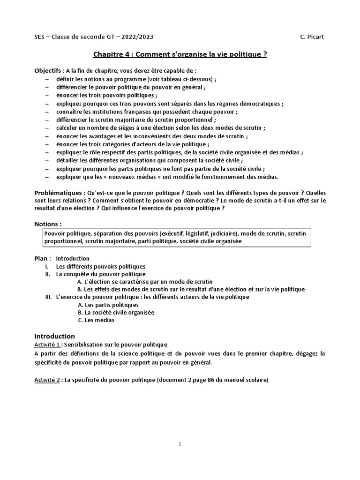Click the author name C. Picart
pos(312,37)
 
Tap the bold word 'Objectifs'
pos(49,70)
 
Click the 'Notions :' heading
pos(48,224)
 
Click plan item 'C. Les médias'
pos(96,320)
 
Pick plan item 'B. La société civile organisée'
pos(116,312)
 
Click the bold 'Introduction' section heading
pos(55,336)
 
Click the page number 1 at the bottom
pos(180,445)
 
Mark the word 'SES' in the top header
pos(41,37)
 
